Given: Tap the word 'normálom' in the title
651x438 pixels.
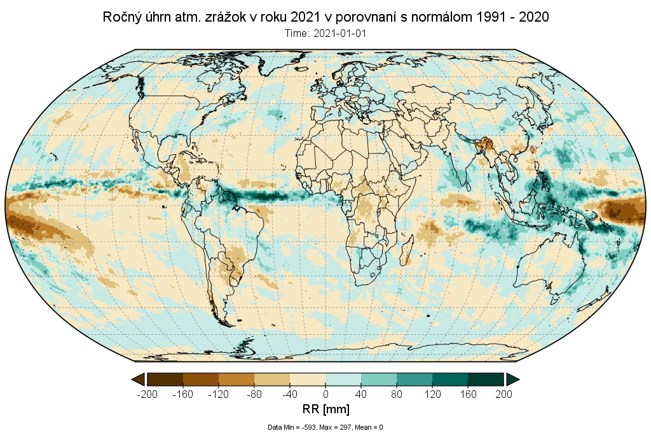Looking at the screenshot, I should (x=438, y=17).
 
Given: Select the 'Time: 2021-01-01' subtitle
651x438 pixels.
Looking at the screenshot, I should (x=325, y=33).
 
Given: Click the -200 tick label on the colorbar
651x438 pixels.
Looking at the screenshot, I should (x=147, y=394).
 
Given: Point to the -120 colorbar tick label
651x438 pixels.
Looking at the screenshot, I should (x=218, y=394).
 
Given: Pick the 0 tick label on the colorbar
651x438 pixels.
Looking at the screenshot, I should (x=325, y=394).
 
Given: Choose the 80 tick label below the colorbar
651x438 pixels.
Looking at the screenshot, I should (x=397, y=394).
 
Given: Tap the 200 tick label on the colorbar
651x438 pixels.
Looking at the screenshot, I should (x=504, y=394).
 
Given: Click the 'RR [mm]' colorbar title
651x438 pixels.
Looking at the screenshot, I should (x=325, y=408).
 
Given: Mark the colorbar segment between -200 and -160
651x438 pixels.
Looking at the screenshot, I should (x=165, y=379).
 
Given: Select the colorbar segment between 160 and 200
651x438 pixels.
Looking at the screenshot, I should (x=486, y=379).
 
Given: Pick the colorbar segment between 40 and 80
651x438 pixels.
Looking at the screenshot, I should (x=379, y=379).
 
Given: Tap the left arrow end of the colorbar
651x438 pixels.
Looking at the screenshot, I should (x=137, y=379).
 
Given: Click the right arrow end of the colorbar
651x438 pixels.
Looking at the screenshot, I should (x=513, y=379).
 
